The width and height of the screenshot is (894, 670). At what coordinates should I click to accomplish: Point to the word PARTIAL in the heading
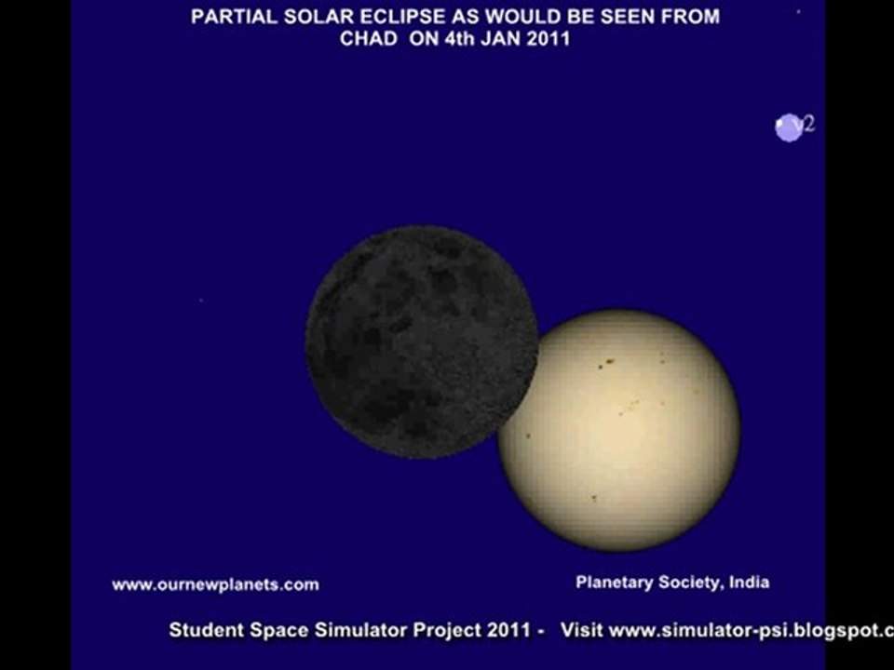click(x=226, y=16)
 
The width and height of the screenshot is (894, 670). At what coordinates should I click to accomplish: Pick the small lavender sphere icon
click(x=788, y=127)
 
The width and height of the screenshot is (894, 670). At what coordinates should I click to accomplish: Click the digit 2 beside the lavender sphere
click(x=809, y=124)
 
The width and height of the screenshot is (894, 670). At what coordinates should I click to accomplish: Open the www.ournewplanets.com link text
click(x=215, y=584)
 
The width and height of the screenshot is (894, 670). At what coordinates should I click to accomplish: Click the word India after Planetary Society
click(x=749, y=583)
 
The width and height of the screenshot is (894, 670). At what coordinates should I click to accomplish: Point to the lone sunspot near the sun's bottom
click(x=593, y=499)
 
